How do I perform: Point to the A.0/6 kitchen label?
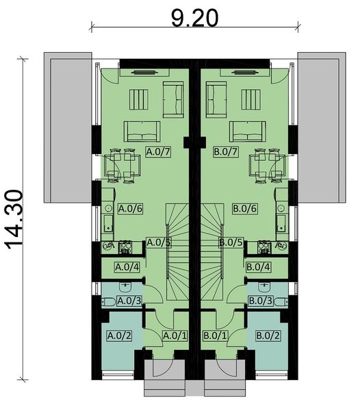coord(130,208)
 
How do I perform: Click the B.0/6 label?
coord(244,208)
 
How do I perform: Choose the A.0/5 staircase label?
coord(159,242)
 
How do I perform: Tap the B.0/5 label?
coord(231,242)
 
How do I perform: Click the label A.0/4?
coord(127,266)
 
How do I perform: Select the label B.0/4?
coord(258,266)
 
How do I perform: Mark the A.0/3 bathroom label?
coord(129,300)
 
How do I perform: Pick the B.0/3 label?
coord(260,300)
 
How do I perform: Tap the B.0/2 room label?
coord(267,335)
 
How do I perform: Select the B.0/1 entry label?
coord(215,335)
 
